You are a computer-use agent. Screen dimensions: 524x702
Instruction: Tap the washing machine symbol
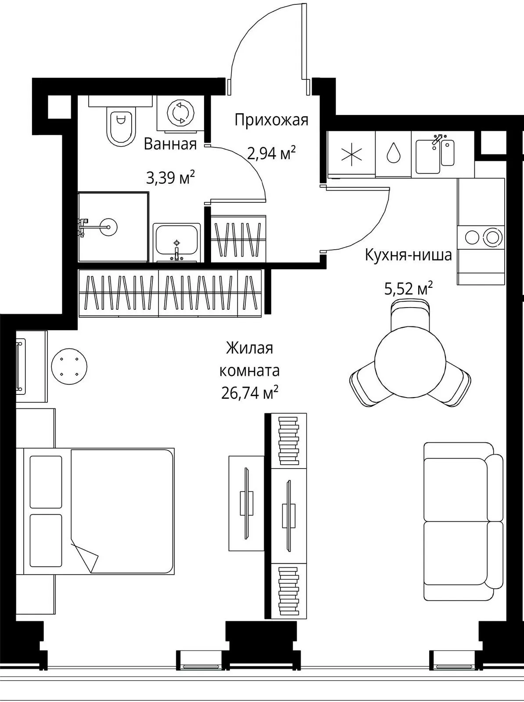(x=181, y=113)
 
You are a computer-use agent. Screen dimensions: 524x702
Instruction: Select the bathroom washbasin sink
(x=176, y=243)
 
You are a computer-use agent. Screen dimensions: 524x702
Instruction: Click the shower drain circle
(x=108, y=227)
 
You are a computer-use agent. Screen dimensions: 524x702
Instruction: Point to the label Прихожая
(x=271, y=120)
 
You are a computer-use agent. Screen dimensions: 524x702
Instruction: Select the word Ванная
(x=170, y=144)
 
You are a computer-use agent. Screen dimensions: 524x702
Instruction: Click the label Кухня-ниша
(x=408, y=255)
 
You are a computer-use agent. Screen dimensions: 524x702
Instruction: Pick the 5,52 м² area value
(x=409, y=289)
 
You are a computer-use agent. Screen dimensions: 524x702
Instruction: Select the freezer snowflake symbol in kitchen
(x=352, y=154)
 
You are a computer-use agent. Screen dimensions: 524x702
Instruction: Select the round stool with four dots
(x=69, y=366)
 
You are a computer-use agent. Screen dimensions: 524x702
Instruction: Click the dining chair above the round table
(x=410, y=315)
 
